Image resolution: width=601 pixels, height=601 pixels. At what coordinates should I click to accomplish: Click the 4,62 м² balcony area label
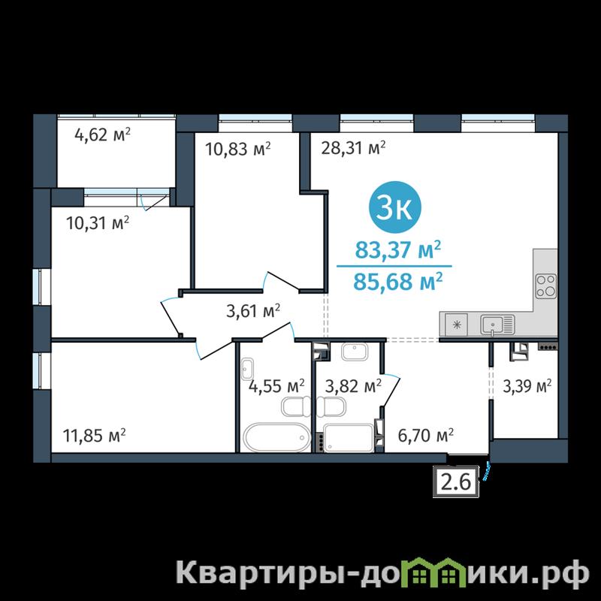(103, 135)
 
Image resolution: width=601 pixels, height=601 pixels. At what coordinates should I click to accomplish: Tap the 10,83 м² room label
(238, 149)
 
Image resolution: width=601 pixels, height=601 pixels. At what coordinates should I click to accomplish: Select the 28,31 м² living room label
(353, 147)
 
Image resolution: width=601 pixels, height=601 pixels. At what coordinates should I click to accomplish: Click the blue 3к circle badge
(395, 207)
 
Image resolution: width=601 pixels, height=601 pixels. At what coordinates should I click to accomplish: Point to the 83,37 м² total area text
(398, 250)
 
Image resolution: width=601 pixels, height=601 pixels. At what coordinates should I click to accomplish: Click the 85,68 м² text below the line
(398, 282)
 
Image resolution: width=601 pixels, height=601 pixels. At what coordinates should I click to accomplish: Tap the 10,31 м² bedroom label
(98, 222)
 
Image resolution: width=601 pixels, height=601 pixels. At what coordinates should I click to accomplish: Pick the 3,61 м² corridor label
(253, 311)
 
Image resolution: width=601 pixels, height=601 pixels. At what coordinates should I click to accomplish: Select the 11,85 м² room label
(95, 436)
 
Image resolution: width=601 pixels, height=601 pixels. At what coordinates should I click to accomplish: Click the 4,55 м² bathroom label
(276, 385)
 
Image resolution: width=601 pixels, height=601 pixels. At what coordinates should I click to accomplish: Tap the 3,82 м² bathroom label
(353, 386)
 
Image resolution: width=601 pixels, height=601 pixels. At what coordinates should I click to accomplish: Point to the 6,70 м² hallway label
(426, 436)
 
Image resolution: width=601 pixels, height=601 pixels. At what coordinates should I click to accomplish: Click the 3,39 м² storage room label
(527, 386)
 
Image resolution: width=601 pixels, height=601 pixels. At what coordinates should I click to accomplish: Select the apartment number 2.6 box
(456, 482)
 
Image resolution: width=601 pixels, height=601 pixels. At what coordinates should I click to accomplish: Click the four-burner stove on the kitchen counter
(546, 286)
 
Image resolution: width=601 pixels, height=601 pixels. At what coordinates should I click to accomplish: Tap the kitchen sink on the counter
(497, 325)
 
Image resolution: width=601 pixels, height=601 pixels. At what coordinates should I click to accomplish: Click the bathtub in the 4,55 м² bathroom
(276, 437)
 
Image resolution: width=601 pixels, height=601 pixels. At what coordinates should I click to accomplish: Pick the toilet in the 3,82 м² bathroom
(331, 406)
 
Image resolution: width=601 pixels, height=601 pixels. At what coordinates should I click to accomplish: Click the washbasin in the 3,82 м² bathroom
(355, 352)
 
